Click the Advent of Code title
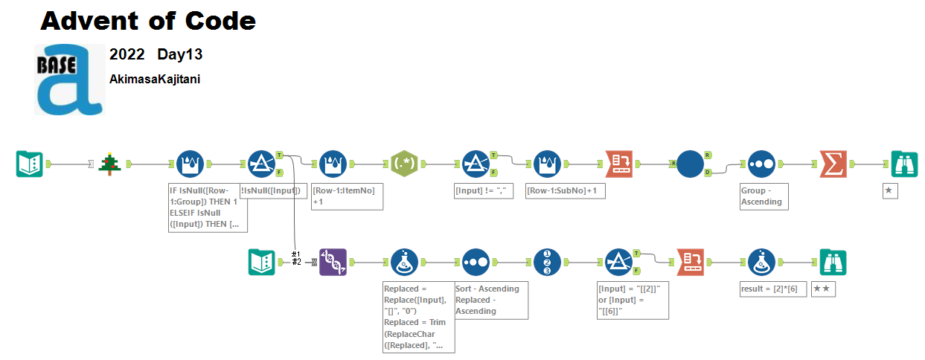148,21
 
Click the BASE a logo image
69,80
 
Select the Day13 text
179,54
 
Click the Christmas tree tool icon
110,164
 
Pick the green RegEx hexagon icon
405,164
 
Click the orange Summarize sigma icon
833,164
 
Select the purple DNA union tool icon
333,262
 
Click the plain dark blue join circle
690,164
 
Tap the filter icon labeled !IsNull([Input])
261,164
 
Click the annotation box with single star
889,191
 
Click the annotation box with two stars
823,289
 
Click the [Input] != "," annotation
484,191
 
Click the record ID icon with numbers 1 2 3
547,262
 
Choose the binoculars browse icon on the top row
904,164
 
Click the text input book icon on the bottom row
261,262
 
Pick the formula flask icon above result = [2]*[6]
761,262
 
